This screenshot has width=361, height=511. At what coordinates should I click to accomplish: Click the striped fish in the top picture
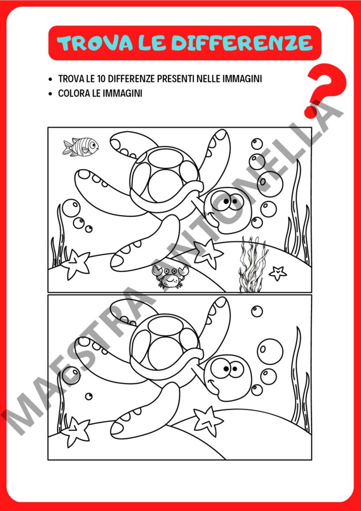(81, 146)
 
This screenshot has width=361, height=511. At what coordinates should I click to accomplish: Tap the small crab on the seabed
(170, 277)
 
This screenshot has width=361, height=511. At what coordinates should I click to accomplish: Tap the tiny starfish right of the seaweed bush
(278, 273)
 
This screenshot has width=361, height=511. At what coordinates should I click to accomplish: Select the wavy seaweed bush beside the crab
(253, 265)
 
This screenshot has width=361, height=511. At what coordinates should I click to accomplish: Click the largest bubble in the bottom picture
(270, 351)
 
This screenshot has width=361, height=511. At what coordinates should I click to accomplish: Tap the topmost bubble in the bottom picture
(257, 311)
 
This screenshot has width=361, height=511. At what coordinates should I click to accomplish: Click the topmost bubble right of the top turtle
(257, 144)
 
